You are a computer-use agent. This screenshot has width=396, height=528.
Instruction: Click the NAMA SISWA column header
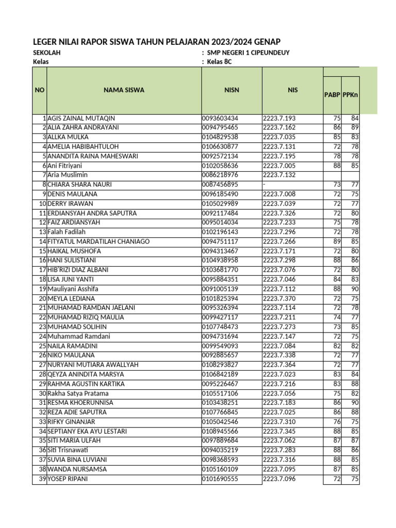(124, 90)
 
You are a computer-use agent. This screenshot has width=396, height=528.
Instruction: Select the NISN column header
(232, 90)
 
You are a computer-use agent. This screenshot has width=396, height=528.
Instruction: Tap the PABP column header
(332, 94)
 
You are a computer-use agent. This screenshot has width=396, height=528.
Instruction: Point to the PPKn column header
(351, 94)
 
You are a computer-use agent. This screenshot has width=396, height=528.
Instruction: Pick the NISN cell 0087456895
(220, 185)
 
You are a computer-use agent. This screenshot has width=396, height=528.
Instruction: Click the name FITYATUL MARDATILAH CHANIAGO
(98, 241)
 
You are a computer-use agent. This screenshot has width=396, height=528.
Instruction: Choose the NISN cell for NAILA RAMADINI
(220, 345)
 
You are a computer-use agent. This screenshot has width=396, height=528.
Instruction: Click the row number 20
(43, 298)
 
